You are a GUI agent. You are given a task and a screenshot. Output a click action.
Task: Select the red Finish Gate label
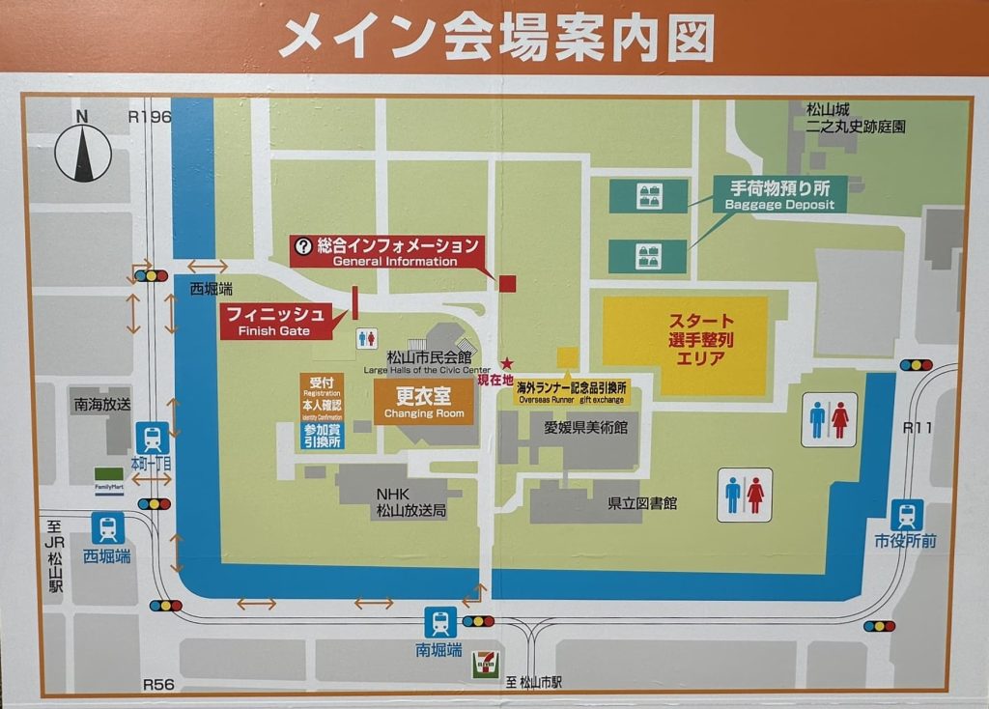274,321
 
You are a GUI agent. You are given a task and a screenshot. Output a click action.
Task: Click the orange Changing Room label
424,402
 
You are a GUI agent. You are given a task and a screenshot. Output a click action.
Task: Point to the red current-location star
507,364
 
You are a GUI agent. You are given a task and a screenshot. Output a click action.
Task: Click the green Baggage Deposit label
779,193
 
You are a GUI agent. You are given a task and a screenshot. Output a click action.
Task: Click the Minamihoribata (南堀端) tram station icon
440,622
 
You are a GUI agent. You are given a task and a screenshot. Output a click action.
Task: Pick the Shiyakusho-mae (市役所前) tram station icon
906,515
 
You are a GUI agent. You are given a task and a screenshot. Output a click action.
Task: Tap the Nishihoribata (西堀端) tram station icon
107,528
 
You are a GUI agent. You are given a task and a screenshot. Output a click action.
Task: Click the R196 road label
149,117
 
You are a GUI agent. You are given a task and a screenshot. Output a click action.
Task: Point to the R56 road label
158,684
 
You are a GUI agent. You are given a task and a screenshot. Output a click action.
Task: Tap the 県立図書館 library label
641,503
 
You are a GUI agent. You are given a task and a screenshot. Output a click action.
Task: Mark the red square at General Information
507,282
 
